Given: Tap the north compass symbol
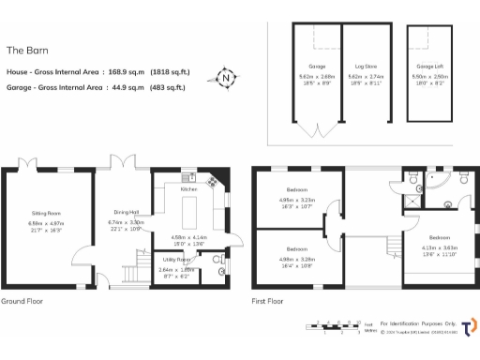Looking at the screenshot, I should [224, 78].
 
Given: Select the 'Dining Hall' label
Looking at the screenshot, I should [127, 212].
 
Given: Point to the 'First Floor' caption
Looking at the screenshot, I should [268, 302].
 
